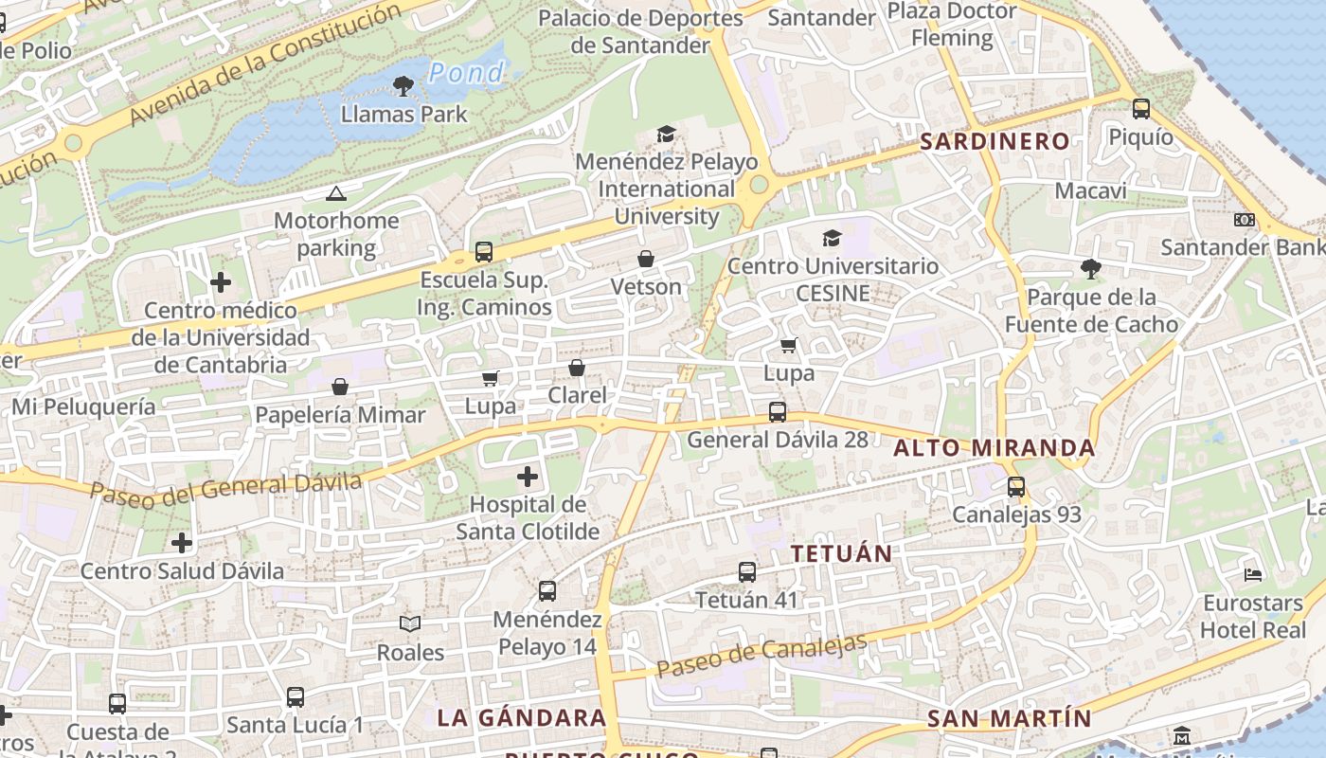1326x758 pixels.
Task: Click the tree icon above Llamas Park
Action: (x=403, y=87)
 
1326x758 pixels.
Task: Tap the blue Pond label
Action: (x=466, y=72)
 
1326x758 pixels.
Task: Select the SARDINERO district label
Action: (x=994, y=142)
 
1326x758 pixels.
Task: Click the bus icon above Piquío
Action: (x=1141, y=109)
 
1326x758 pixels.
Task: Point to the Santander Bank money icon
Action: (x=1244, y=220)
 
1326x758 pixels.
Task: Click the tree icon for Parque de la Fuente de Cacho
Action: (x=1090, y=269)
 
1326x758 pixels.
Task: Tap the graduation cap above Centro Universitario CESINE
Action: (x=832, y=238)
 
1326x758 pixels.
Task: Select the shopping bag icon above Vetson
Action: (x=646, y=259)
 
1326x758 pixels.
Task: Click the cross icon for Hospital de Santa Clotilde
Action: (x=528, y=477)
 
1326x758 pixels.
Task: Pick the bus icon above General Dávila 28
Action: (x=777, y=412)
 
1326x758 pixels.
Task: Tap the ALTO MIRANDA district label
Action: (x=994, y=448)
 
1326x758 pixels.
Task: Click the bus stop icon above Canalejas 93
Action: (x=1016, y=487)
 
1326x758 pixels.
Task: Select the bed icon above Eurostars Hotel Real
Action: (x=1253, y=574)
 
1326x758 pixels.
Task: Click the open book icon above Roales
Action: (x=410, y=623)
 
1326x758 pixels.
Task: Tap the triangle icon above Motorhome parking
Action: (x=335, y=194)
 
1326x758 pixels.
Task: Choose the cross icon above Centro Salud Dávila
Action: (x=182, y=543)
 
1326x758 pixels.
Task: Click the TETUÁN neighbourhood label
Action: (x=841, y=554)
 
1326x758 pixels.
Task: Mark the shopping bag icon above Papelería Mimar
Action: (x=340, y=387)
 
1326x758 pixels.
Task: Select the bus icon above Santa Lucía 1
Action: (x=296, y=697)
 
